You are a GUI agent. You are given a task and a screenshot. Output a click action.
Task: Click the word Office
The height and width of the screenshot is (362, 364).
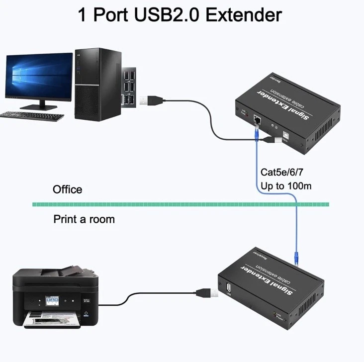coord(68,189)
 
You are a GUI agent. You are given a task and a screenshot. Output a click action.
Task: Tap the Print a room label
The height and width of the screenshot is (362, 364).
coord(84,219)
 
